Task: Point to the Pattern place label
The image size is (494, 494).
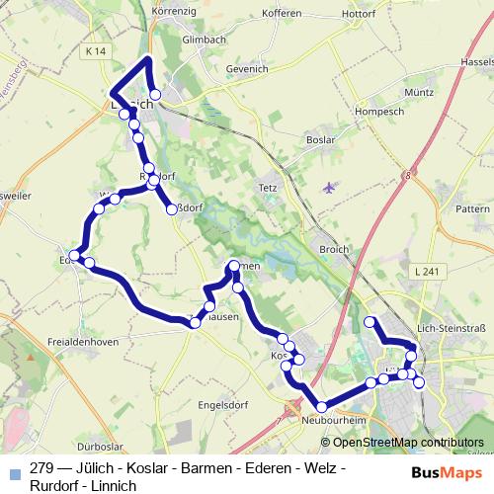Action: [x=474, y=210]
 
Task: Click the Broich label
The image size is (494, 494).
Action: [x=333, y=250]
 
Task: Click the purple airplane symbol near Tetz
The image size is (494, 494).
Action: [x=329, y=187]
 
